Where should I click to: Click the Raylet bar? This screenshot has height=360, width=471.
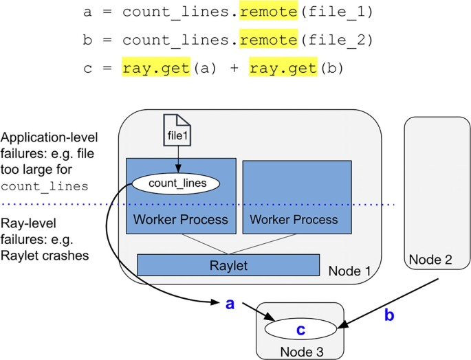point(228,265)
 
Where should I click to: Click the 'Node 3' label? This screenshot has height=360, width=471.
point(300,351)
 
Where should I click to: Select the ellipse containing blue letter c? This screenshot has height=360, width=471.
point(300,330)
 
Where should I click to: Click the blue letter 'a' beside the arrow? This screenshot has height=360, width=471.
point(230,303)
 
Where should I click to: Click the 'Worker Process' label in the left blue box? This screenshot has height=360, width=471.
point(181,220)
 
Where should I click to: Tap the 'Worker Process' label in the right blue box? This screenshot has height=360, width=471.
point(294,220)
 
